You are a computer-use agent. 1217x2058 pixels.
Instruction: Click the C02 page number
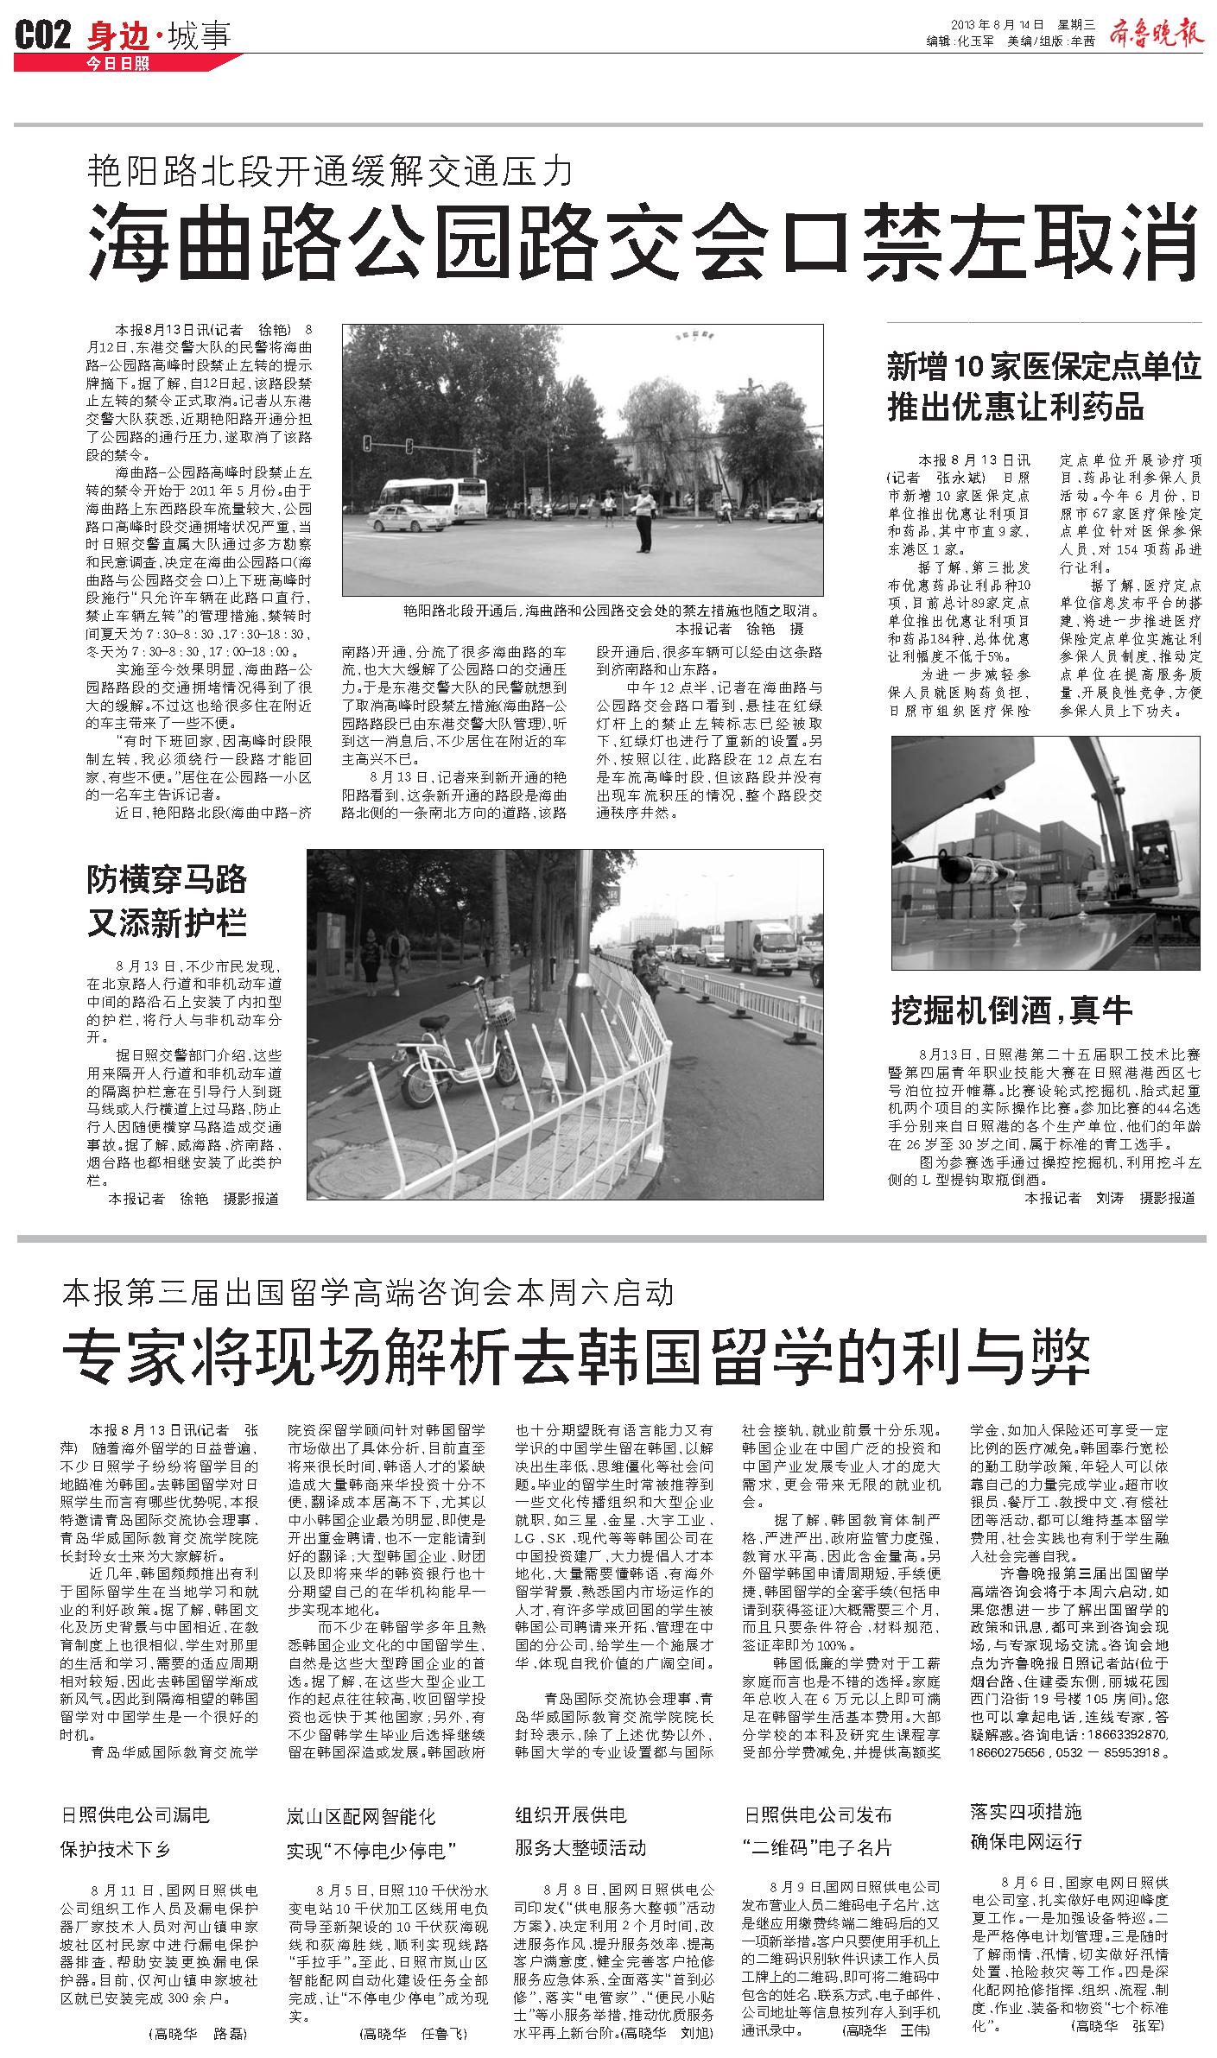[x=42, y=37]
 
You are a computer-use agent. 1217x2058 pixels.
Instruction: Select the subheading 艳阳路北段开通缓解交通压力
[x=330, y=172]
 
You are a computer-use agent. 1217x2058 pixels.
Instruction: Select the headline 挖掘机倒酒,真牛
[x=1011, y=1010]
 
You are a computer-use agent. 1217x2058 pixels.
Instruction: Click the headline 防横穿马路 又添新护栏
[x=167, y=901]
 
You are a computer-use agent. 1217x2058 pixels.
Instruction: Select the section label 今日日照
[x=118, y=63]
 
